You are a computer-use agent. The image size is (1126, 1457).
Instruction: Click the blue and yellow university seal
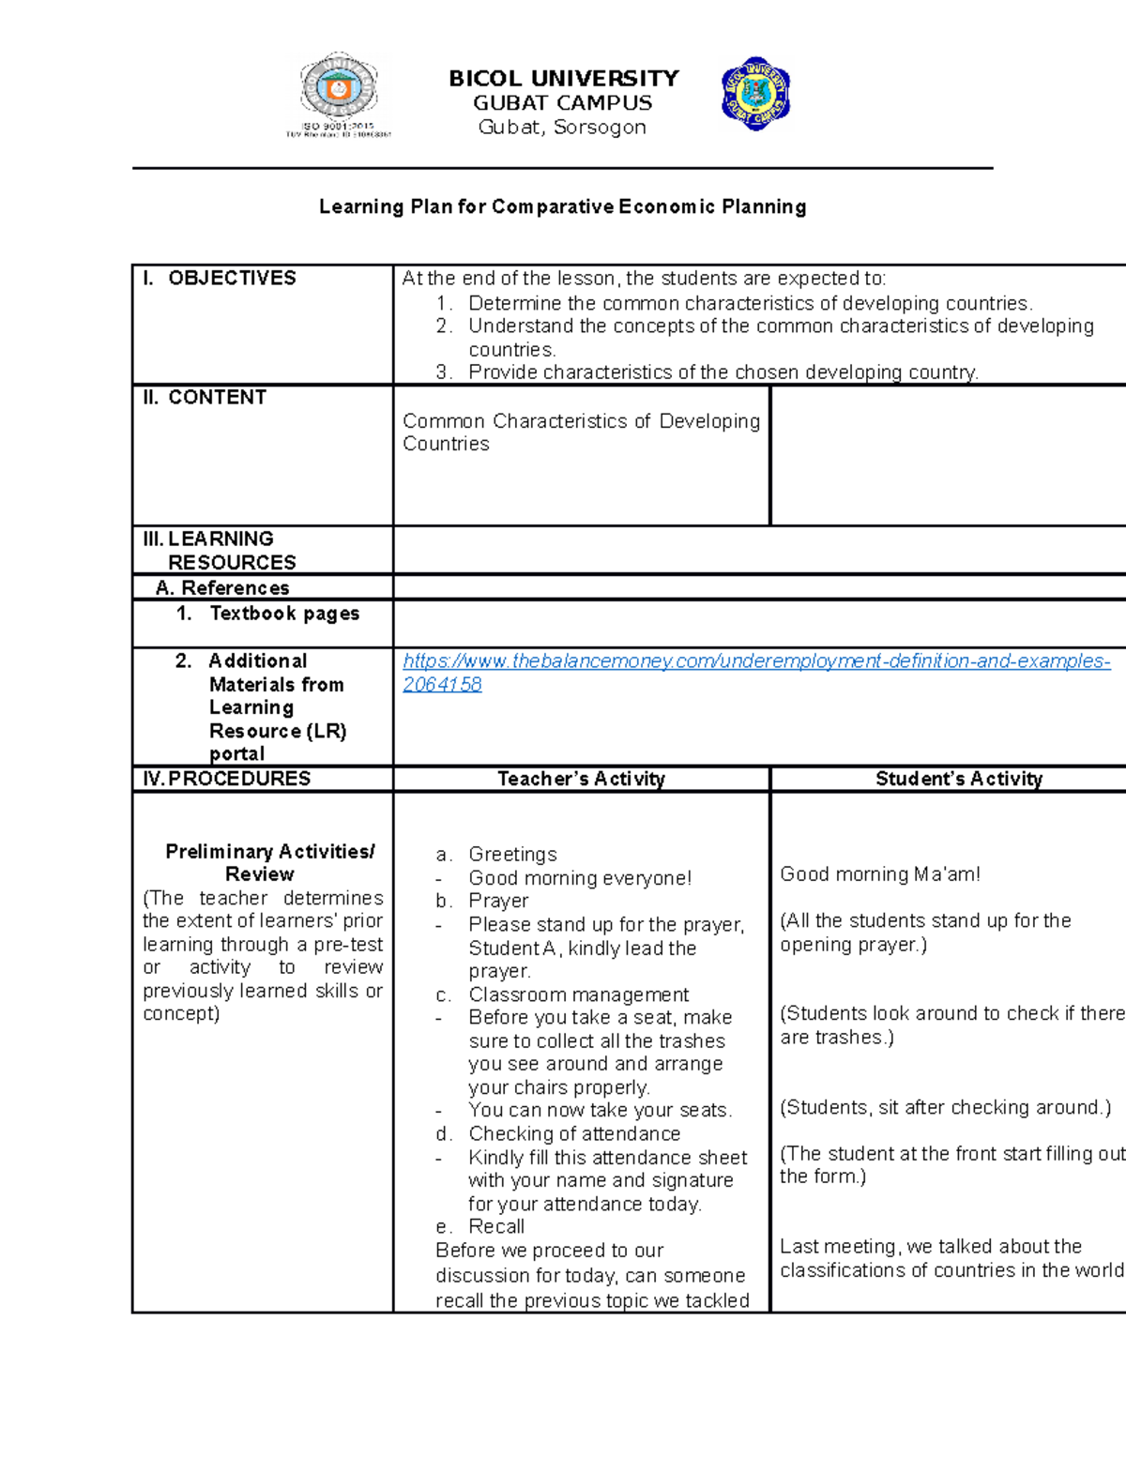tap(755, 94)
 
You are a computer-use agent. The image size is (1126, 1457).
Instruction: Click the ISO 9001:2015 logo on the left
tap(338, 95)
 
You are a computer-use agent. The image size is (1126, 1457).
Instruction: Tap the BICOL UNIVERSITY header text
tap(563, 79)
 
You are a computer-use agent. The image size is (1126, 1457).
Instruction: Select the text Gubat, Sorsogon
tap(562, 128)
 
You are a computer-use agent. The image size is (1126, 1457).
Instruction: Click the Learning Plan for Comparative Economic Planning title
tap(562, 206)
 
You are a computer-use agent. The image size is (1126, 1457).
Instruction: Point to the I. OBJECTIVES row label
tap(219, 279)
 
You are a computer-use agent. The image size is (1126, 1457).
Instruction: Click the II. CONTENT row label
tap(205, 398)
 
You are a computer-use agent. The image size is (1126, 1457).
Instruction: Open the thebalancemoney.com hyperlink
tap(755, 661)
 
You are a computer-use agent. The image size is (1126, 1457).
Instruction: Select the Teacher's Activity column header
tap(581, 779)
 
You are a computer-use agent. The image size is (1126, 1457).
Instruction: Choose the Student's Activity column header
tap(958, 779)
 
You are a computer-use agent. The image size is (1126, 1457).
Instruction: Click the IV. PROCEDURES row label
tap(226, 779)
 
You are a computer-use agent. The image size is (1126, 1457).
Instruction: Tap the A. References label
tap(223, 588)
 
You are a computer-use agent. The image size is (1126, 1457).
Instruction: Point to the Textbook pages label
tap(283, 614)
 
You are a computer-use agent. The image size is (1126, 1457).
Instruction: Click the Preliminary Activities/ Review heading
tap(269, 863)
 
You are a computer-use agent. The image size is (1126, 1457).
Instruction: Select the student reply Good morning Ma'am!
tap(879, 874)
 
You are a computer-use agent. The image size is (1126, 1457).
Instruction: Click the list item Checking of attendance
tap(574, 1134)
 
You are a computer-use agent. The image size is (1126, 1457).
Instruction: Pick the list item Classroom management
tap(578, 994)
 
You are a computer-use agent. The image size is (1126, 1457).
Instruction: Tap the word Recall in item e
tap(496, 1227)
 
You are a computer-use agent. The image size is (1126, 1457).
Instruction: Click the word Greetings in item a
tap(512, 855)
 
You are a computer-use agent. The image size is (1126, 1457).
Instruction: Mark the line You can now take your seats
tap(600, 1110)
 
